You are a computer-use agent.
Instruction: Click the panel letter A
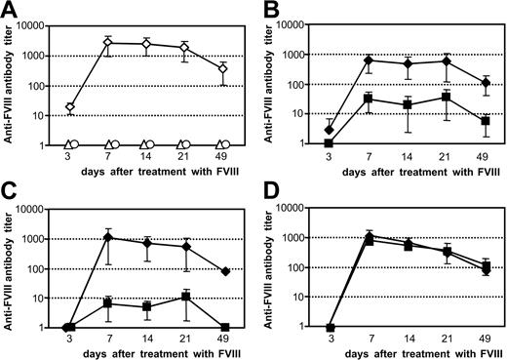tap(7, 8)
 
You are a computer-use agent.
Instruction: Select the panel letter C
tap(7, 192)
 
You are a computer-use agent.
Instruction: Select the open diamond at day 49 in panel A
tap(223, 69)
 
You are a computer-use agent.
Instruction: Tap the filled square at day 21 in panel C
tap(185, 296)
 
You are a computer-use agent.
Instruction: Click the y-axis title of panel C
tap(10, 268)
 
